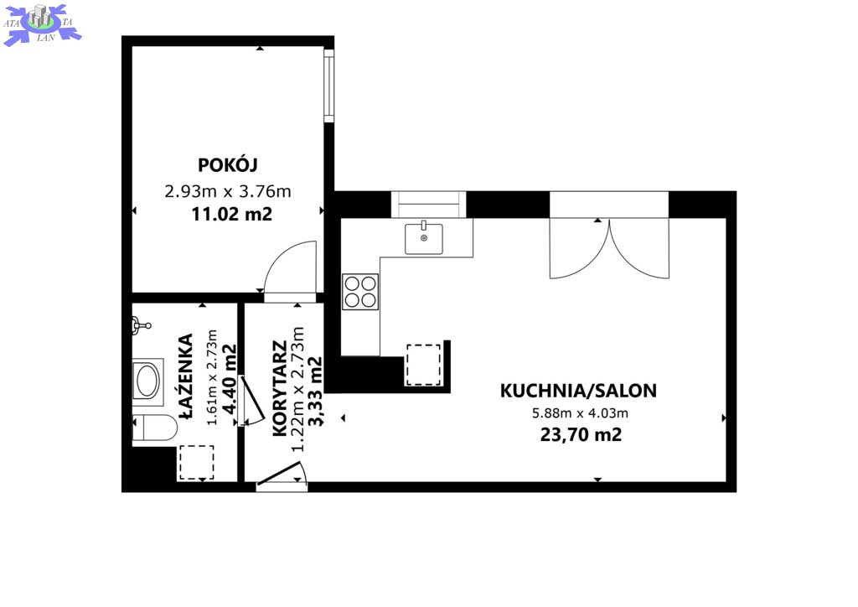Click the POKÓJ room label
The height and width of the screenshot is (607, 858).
pos(228,164)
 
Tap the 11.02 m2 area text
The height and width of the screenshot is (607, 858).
pos(231,214)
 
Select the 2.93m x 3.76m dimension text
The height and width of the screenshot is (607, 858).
pos(228,191)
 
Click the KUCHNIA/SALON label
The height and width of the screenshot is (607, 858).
pos(578,391)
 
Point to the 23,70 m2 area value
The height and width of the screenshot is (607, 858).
pos(581,434)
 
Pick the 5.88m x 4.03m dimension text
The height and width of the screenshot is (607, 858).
pos(580,413)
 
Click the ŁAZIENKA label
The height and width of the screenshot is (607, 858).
pos(186,376)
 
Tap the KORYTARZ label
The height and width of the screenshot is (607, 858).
pos(280,389)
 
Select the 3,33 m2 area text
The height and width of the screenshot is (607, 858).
pos(315,391)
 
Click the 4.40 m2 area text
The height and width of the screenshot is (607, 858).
pos(230,378)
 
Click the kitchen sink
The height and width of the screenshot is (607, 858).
pos(423,239)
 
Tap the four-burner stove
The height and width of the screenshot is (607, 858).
pos(360,292)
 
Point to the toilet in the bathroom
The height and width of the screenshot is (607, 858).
pos(155,428)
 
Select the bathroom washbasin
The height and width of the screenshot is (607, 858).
pos(147,381)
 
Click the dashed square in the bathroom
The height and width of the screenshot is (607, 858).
pos(196,463)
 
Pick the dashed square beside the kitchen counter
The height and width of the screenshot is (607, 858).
pos(423,365)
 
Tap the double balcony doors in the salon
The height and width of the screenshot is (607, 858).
pos(609,249)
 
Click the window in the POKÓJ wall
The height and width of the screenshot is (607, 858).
pos(328,86)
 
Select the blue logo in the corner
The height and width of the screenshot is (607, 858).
pos(42,23)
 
